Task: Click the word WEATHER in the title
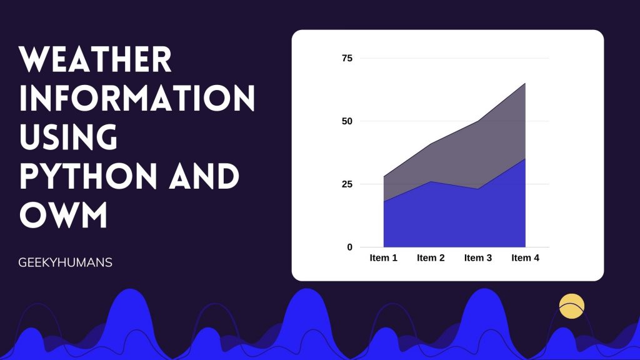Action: [x=95, y=59]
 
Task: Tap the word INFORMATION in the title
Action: [x=137, y=98]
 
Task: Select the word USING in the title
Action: [x=69, y=137]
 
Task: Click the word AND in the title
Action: [x=204, y=176]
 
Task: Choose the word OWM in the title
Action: [x=63, y=215]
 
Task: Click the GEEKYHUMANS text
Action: [x=65, y=262]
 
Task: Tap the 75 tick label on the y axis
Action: [x=347, y=58]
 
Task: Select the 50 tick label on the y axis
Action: [x=347, y=121]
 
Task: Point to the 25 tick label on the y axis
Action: [x=347, y=184]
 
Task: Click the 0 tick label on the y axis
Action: [x=350, y=247]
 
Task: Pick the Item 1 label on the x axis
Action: [x=383, y=258]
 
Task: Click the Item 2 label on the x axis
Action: [x=431, y=258]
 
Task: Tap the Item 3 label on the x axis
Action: [x=478, y=258]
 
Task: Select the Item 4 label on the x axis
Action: [x=525, y=258]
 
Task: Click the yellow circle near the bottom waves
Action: [x=572, y=306]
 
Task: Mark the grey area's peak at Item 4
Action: [x=525, y=83]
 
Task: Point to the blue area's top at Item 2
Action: [x=431, y=182]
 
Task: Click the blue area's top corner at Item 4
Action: [x=525, y=158]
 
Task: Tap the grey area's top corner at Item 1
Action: [x=384, y=176]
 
